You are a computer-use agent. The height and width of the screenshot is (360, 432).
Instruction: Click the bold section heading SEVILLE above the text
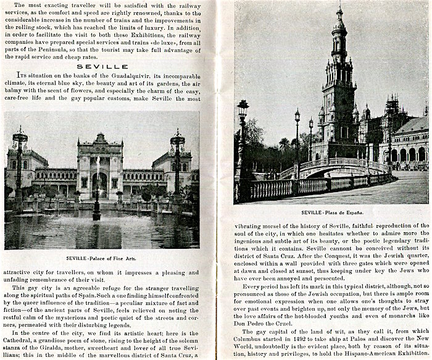pyautogui.click(x=101, y=66)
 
